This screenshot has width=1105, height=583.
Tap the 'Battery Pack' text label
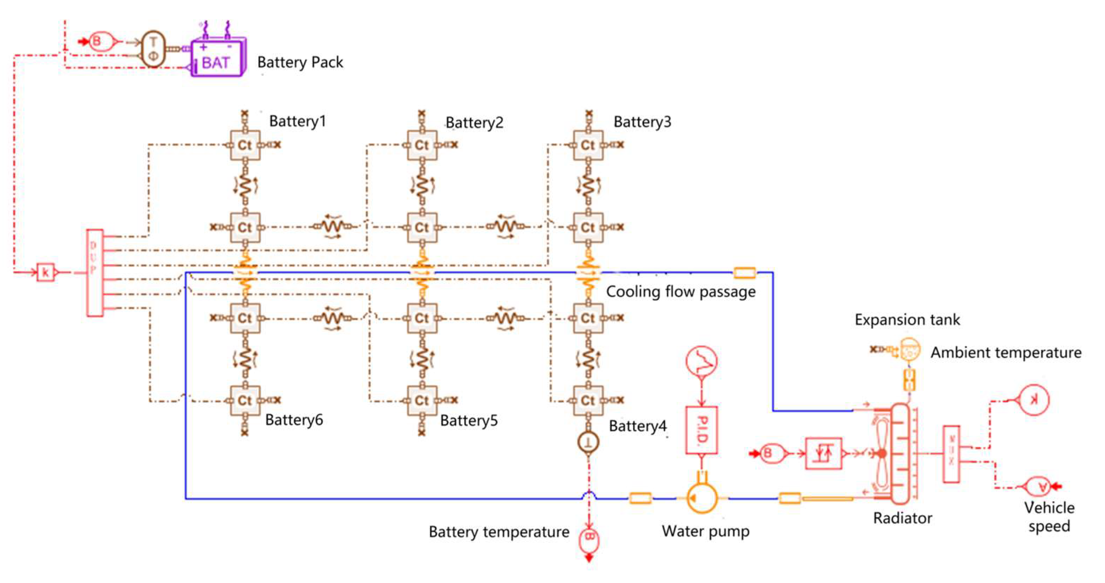point(300,62)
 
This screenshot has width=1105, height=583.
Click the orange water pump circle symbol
point(702,498)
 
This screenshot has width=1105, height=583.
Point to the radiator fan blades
point(882,453)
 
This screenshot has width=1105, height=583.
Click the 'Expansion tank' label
point(907,320)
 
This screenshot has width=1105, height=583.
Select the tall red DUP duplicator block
point(95,273)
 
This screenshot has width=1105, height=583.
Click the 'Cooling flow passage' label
point(680,292)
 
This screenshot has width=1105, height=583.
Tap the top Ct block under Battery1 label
point(245,145)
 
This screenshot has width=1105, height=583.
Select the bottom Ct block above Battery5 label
point(422,401)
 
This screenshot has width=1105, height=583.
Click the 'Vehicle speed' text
point(1049,517)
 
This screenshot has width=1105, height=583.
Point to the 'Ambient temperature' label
point(1006,352)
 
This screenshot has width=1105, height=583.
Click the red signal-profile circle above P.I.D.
point(701,361)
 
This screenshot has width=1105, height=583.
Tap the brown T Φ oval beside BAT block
point(153,49)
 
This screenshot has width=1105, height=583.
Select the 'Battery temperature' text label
point(498,532)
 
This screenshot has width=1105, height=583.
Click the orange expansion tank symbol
point(909,350)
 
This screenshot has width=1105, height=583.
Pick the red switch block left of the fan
point(823,453)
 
